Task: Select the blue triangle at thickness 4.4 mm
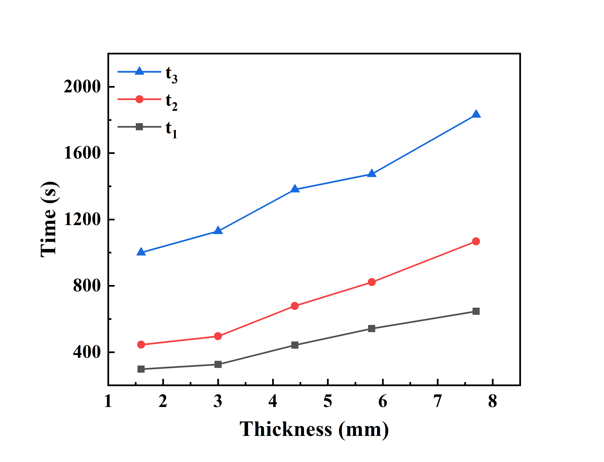click(294, 189)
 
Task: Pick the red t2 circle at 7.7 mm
click(476, 241)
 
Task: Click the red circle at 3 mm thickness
click(218, 336)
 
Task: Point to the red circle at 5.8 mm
click(372, 282)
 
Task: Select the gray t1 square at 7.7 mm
click(476, 311)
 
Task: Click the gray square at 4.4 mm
click(294, 345)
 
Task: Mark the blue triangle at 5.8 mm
click(372, 173)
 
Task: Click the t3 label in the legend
click(171, 75)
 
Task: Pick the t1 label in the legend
click(171, 130)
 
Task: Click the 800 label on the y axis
click(87, 286)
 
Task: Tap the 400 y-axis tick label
click(87, 352)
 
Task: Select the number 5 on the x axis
click(328, 401)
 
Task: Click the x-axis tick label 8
click(492, 401)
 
